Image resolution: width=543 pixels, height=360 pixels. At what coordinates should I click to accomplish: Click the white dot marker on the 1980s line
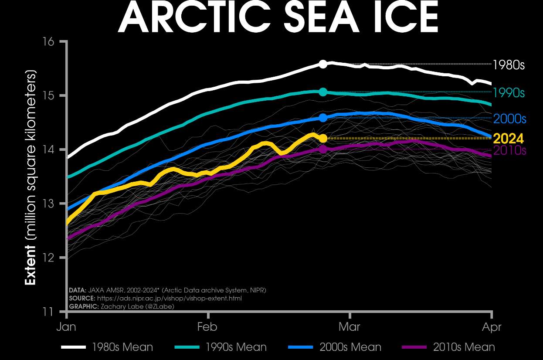pyautogui.click(x=323, y=64)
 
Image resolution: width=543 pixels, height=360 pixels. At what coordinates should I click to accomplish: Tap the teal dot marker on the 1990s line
pyautogui.click(x=323, y=92)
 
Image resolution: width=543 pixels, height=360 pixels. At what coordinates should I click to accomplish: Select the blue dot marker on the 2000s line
pyautogui.click(x=323, y=118)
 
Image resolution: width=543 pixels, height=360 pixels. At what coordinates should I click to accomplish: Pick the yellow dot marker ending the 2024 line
pyautogui.click(x=323, y=138)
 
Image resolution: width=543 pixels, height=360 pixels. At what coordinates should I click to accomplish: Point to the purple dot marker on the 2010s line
pyautogui.click(x=323, y=149)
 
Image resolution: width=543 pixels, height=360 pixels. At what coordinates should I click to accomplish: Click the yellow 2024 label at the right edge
pyautogui.click(x=508, y=139)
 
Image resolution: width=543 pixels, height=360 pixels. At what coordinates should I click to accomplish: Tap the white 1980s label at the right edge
pyautogui.click(x=509, y=65)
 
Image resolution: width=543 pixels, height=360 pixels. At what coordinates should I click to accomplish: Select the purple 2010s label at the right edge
pyautogui.click(x=509, y=151)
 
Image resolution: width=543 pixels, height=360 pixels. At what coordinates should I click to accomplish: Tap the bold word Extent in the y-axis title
pyautogui.click(x=30, y=265)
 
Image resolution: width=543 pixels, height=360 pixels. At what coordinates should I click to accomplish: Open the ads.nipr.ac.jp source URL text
pyautogui.click(x=169, y=299)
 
